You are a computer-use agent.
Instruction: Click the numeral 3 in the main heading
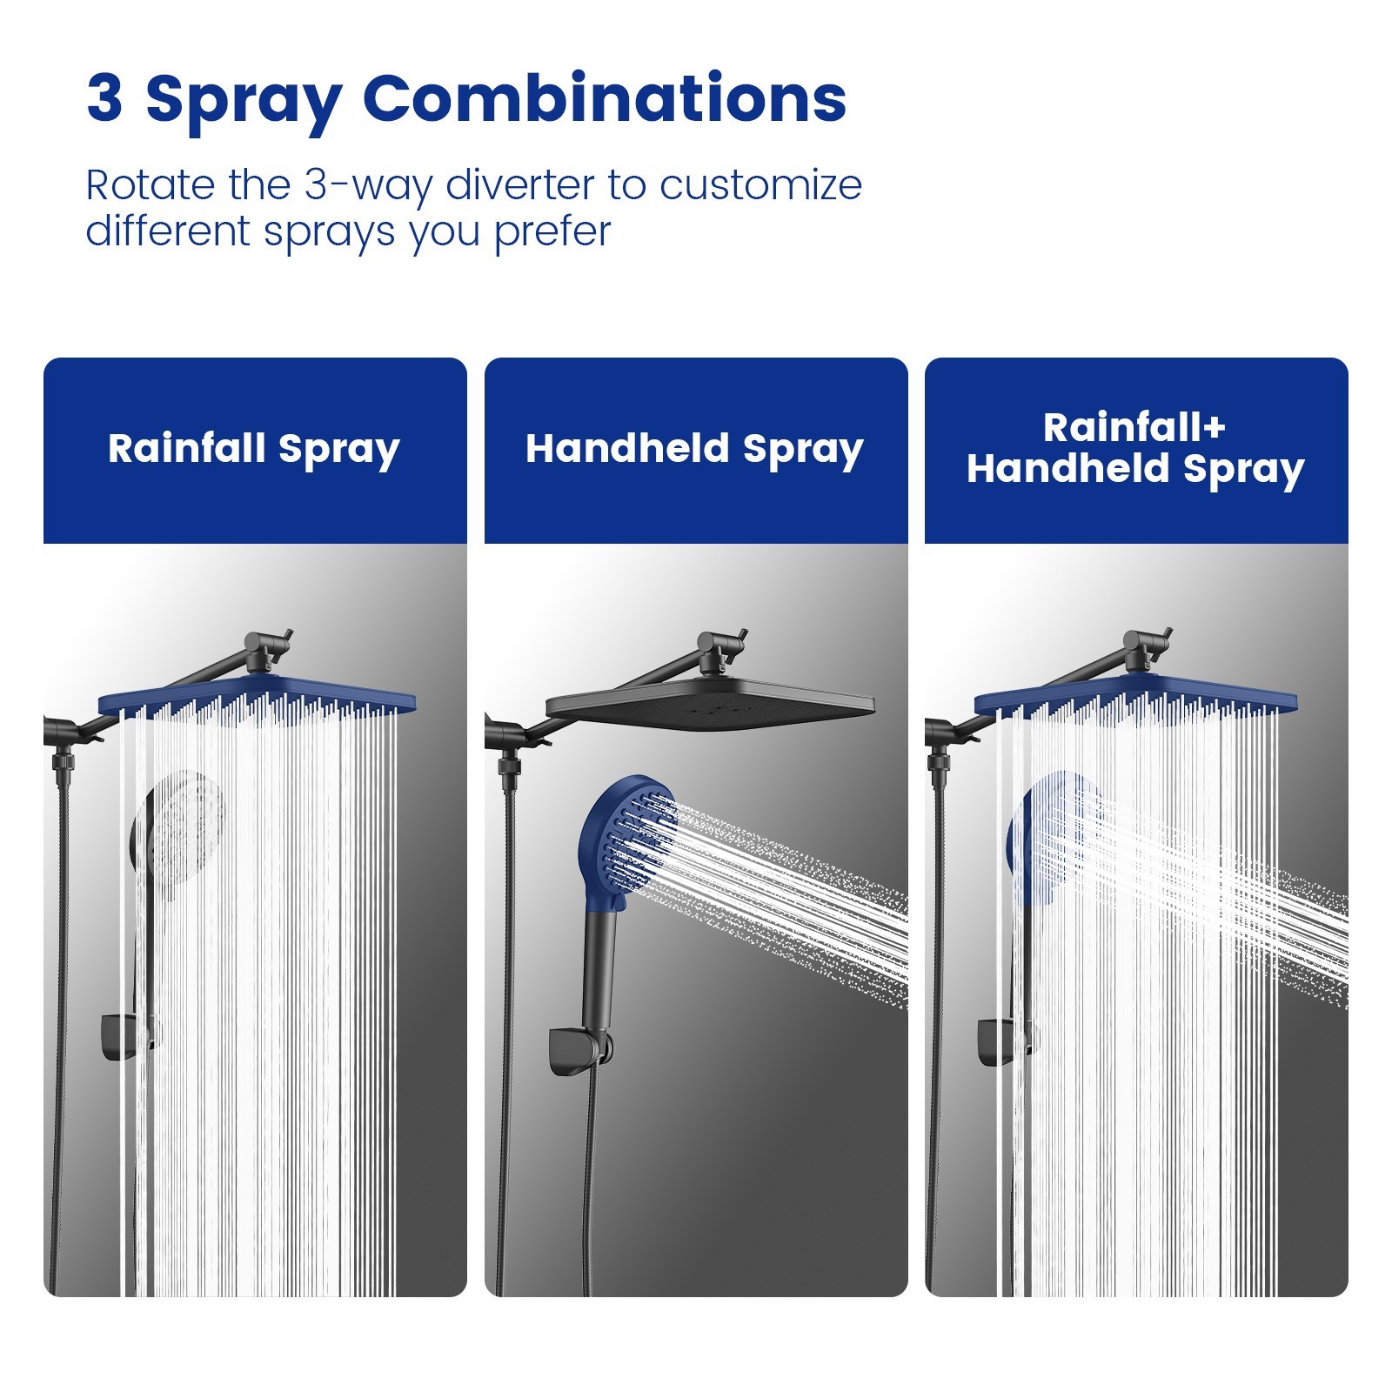pyautogui.click(x=104, y=98)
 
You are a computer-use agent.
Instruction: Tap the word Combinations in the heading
pyautogui.click(x=604, y=98)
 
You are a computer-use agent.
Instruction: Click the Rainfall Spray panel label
pyautogui.click(x=254, y=449)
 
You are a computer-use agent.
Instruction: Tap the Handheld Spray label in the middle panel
pyautogui.click(x=694, y=449)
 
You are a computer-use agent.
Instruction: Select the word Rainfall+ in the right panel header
pyautogui.click(x=1134, y=428)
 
